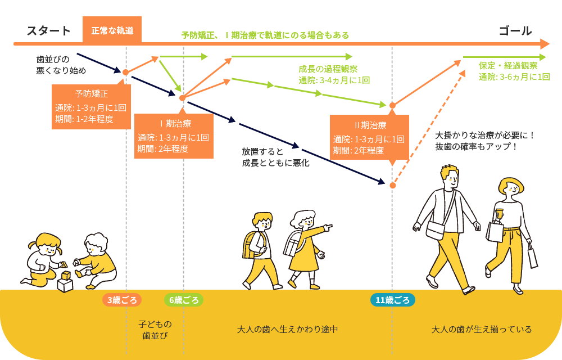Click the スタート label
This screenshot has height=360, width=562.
pyautogui.click(x=49, y=31)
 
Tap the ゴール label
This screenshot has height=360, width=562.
pyautogui.click(x=515, y=31)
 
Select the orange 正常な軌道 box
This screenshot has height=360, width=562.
pyautogui.click(x=112, y=30)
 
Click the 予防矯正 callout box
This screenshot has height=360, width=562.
pyautogui.click(x=91, y=106)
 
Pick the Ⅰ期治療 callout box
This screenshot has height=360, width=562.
pyautogui.click(x=174, y=136)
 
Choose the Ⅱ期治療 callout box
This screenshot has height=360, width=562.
pyautogui.click(x=369, y=138)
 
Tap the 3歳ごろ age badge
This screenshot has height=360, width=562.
pyautogui.click(x=122, y=300)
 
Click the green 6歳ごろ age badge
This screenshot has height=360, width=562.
pyautogui.click(x=184, y=300)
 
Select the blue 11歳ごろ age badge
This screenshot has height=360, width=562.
pyautogui.click(x=392, y=300)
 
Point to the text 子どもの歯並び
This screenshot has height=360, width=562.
pyautogui.click(x=155, y=330)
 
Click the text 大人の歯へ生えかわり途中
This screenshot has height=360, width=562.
pyautogui.click(x=287, y=329)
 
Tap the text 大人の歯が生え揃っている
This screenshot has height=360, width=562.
pyautogui.click(x=482, y=329)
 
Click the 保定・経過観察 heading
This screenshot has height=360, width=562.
pyautogui.click(x=508, y=65)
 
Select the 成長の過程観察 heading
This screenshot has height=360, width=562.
pyautogui.click(x=328, y=69)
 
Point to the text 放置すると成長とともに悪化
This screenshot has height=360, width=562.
pyautogui.click(x=275, y=157)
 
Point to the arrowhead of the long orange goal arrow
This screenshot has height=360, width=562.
pyautogui.click(x=544, y=44)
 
